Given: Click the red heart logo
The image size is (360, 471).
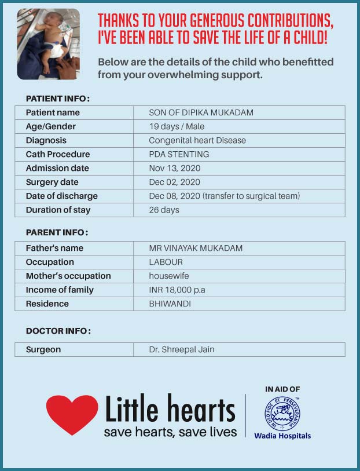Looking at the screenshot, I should point(72,414).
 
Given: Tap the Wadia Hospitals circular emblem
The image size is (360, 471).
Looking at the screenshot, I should point(282,414).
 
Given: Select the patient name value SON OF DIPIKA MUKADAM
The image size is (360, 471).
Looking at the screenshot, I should point(201,112).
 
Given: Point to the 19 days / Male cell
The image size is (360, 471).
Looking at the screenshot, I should point(177,126).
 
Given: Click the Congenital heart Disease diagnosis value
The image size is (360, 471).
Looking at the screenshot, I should point(197,140).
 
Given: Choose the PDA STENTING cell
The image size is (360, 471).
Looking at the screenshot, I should point(179,154).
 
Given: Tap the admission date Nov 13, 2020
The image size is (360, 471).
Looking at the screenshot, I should point(175,168).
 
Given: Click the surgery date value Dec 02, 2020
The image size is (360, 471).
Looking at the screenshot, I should point(175,182).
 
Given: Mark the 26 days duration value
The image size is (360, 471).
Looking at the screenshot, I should point(164,210).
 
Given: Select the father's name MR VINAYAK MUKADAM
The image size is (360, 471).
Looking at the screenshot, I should point(196,248).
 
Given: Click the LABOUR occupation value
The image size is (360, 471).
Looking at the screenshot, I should point(166,262).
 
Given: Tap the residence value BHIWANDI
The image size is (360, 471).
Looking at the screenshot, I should point(170,304).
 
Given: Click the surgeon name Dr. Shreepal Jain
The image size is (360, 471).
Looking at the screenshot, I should point(182,349).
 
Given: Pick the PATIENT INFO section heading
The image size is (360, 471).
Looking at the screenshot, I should point(58,98).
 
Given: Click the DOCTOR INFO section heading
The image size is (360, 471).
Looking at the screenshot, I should point(58,331).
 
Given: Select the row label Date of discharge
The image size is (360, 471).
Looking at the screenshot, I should point(62,196).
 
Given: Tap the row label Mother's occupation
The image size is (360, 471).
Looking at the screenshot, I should point(68,276).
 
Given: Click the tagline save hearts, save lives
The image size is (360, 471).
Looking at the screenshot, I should point(170,432).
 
